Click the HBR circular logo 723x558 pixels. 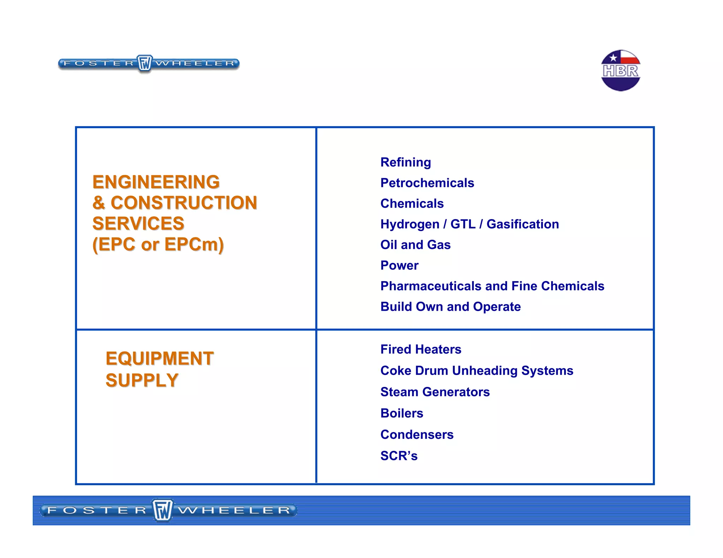tap(620, 71)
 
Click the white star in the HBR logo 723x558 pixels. tap(613, 58)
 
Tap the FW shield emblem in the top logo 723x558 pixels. tap(144, 63)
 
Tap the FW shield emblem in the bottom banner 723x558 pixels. tap(162, 510)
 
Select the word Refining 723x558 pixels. tap(406, 162)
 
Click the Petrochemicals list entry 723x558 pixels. tap(427, 183)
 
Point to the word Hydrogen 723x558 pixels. tap(410, 224)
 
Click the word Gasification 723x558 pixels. tap(522, 224)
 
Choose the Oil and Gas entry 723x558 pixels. tap(416, 245)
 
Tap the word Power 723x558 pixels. tap(399, 265)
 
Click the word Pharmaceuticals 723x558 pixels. tap(431, 286)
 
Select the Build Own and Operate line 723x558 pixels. tap(450, 307)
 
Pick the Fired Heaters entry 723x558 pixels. tap(421, 349)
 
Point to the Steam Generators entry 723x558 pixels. tap(435, 392)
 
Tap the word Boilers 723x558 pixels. tap(402, 413)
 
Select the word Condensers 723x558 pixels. tap(417, 435)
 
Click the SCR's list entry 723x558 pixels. tap(399, 456)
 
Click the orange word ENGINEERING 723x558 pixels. tap(156, 182)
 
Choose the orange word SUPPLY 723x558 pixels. tap(142, 380)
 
